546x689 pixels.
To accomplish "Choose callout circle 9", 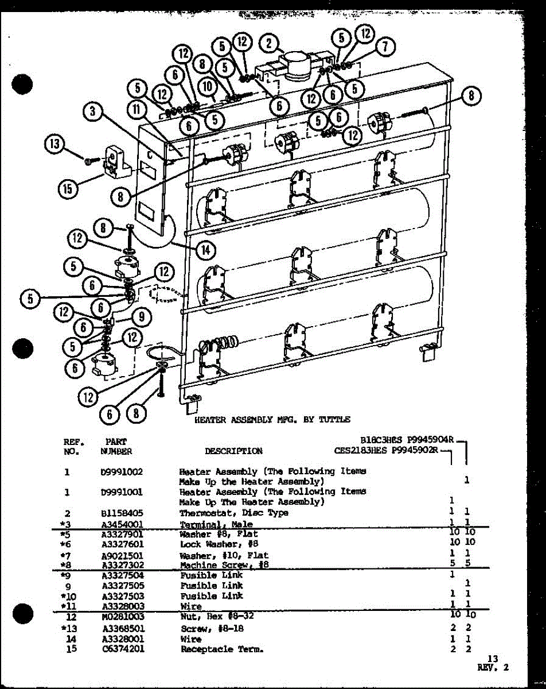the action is click(142, 315).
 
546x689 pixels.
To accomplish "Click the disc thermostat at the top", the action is click(296, 66).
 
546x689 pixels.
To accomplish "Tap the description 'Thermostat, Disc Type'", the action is click(233, 513).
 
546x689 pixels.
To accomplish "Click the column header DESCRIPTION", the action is click(233, 451).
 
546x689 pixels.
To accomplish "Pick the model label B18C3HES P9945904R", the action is click(407, 440).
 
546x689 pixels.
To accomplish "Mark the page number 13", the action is click(493, 659).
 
